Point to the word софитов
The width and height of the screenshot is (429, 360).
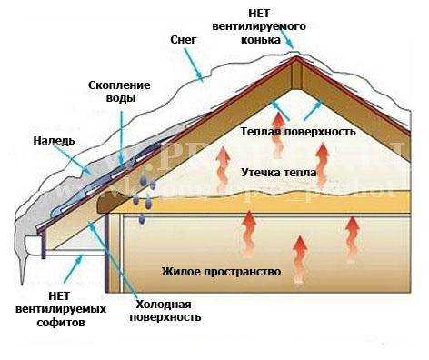[70, 322]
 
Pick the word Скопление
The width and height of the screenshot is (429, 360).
[119, 85]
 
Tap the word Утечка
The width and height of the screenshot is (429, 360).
[261, 172]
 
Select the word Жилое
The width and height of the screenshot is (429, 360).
[180, 271]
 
